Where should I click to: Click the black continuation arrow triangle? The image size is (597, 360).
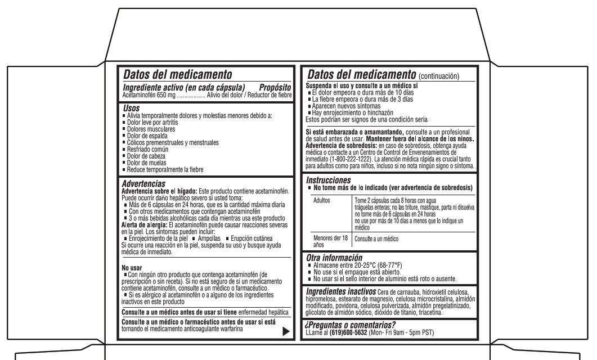286,331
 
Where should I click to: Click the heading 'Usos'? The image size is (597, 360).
131,107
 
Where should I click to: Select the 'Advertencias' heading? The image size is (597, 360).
143,183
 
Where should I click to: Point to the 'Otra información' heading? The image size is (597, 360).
334,258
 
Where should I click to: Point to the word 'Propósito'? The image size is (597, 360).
275,87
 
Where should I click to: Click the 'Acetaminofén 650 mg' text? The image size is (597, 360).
149,94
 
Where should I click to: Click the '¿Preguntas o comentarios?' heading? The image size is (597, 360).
349,325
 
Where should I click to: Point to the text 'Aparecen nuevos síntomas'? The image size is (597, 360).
345,106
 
